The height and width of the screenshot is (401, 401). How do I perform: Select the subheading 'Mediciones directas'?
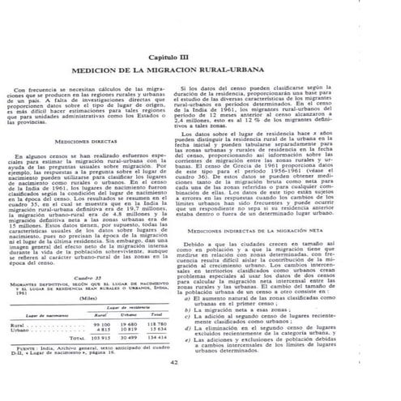point(94,140)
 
